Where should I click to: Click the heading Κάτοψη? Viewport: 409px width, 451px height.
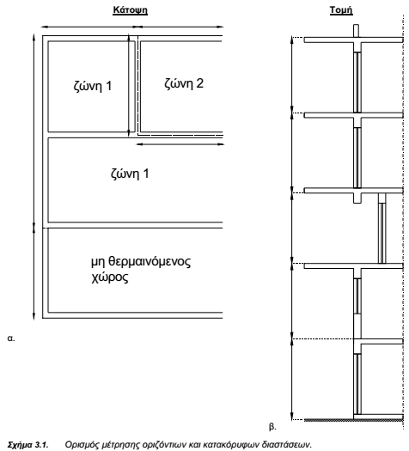click(x=130, y=10)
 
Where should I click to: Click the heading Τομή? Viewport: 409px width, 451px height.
click(x=341, y=10)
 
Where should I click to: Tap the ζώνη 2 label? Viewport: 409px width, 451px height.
click(x=184, y=83)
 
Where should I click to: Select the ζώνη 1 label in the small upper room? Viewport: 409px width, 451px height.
click(x=93, y=86)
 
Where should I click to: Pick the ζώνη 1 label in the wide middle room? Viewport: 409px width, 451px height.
click(x=130, y=174)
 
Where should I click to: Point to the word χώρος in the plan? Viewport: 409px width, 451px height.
click(x=110, y=277)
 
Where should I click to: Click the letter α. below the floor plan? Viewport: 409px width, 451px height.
click(x=11, y=338)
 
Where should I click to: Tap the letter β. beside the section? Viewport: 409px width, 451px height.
click(x=272, y=426)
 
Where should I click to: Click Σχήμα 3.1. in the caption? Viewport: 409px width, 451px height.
click(x=27, y=444)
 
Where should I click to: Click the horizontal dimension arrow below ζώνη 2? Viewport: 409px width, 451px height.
click(x=180, y=144)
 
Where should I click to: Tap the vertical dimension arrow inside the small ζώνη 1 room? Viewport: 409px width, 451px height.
click(x=129, y=85)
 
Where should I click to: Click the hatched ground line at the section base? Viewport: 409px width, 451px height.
click(x=354, y=421)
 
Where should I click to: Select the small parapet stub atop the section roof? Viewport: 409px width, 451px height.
click(x=356, y=31)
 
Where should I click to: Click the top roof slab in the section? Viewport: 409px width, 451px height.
click(x=354, y=40)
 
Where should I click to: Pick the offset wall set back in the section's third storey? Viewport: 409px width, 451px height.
click(x=382, y=229)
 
